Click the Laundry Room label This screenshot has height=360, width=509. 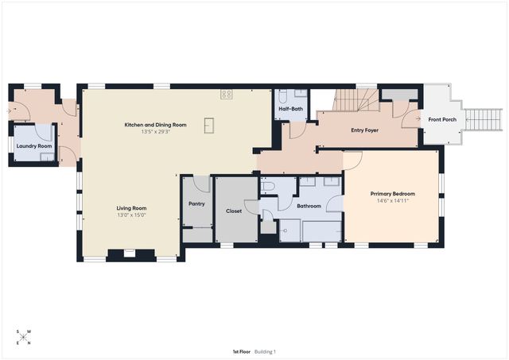33,146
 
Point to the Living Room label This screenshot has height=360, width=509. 132,208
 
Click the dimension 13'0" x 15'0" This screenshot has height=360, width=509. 132,215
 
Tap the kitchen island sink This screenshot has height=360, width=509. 209,125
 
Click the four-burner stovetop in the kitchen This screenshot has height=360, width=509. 227,94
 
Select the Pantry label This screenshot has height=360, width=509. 196,204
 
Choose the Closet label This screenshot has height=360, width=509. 234,211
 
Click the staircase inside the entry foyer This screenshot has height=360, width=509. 350,101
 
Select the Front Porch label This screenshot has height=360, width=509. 442,120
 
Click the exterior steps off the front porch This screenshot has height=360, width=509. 484,120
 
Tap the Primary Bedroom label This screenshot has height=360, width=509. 392,194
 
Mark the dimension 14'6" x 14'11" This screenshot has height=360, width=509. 392,201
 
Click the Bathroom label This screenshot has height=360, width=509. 309,207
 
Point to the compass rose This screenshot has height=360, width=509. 23,337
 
